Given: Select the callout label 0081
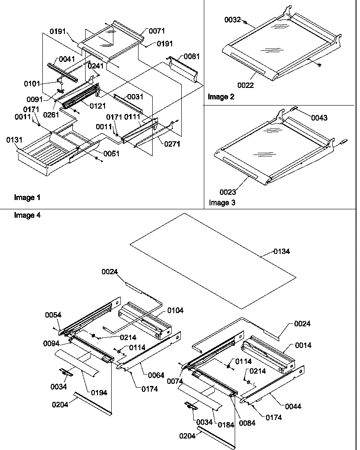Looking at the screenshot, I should point(191,56).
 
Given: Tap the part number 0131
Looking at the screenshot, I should point(14,140).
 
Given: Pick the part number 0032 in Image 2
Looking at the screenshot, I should point(232,20).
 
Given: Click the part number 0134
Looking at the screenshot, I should point(281,251).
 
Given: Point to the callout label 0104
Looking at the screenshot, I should point(175,311).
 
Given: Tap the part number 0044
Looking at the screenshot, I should point(293,406).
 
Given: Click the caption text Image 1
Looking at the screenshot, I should point(27,197).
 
